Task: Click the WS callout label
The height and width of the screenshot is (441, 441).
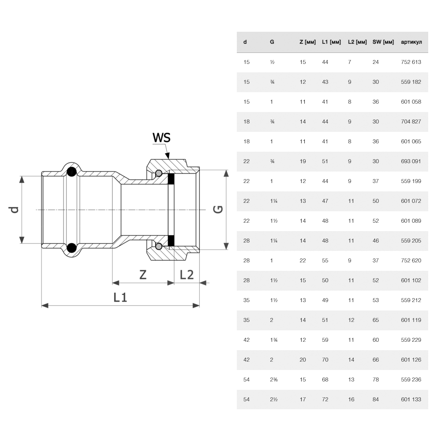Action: pyautogui.click(x=161, y=138)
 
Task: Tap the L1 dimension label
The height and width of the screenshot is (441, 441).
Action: pyautogui.click(x=120, y=297)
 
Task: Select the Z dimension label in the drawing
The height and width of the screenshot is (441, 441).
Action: pyautogui.click(x=143, y=274)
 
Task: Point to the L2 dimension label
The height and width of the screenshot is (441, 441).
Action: pyautogui.click(x=187, y=274)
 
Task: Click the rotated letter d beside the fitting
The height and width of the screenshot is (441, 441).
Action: pyautogui.click(x=14, y=210)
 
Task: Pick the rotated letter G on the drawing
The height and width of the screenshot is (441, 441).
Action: pyautogui.click(x=218, y=209)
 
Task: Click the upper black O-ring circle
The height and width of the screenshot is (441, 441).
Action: pyautogui.click(x=71, y=172)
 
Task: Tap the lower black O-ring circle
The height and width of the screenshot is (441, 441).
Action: pyautogui.click(x=71, y=248)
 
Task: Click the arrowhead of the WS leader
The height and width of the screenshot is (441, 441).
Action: pyautogui.click(x=168, y=156)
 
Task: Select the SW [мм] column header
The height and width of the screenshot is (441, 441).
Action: pyautogui.click(x=383, y=42)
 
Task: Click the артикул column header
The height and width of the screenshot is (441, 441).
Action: pyautogui.click(x=411, y=42)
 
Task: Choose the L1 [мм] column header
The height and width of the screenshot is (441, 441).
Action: pyautogui.click(x=331, y=42)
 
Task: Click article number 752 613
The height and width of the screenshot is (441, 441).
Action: pyautogui.click(x=411, y=62)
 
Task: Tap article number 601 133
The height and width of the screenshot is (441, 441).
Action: pyautogui.click(x=411, y=399)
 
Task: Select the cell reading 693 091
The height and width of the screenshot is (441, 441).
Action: pyautogui.click(x=411, y=161)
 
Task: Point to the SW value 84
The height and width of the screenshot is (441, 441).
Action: pyautogui.click(x=375, y=399)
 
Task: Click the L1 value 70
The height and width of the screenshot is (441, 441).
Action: pyautogui.click(x=325, y=359)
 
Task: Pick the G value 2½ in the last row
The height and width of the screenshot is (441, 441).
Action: pyautogui.click(x=274, y=399)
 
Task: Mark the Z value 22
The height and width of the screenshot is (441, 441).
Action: pyautogui.click(x=303, y=261)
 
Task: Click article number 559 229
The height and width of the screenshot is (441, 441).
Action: pyautogui.click(x=411, y=340)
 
